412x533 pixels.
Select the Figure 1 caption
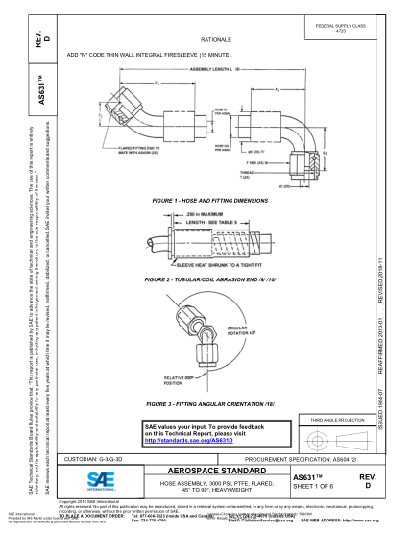click(210, 200)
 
